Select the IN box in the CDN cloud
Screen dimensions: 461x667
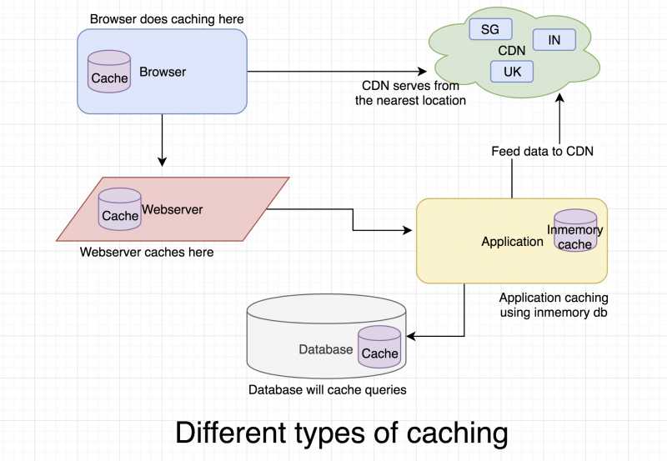[554, 39]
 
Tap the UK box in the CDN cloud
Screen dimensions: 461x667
[512, 72]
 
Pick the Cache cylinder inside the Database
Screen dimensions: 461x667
[379, 348]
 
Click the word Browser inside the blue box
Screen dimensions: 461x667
[163, 72]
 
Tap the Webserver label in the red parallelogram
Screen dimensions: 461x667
[172, 208]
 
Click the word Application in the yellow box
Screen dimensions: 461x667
[512, 242]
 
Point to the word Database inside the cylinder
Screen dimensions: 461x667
[326, 349]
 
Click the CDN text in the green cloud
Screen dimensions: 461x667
[511, 51]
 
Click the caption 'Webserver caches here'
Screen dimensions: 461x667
[147, 252]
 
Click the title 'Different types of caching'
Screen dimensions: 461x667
[341, 433]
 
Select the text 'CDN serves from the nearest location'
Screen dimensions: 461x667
[410, 93]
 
